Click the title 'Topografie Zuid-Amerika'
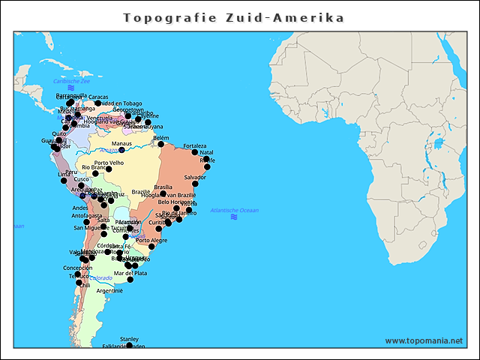(234, 17)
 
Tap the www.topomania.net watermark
(424, 340)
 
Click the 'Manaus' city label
(121, 143)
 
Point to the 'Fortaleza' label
(194, 145)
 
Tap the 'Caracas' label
(98, 97)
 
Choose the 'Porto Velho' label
(109, 163)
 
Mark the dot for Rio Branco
(95, 173)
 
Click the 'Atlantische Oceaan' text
(235, 210)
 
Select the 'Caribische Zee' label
(71, 80)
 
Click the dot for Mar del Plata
(130, 280)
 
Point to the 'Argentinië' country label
(109, 290)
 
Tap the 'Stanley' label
(129, 339)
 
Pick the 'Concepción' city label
(78, 268)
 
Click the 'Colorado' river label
(101, 277)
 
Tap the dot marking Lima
(64, 181)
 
